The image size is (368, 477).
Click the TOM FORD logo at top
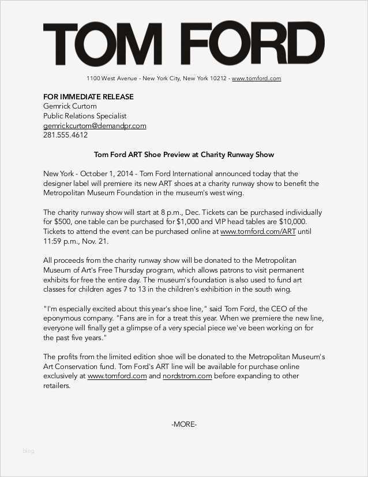pyautogui.click(x=183, y=45)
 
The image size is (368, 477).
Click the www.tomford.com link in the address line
pyautogui.click(x=256, y=79)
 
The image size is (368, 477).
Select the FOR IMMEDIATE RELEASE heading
pyautogui.click(x=88, y=96)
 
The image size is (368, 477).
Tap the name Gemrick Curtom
pyautogui.click(x=70, y=106)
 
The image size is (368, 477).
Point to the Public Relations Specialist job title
pyautogui.click(x=85, y=116)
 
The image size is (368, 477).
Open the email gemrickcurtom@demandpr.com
pyautogui.click(x=95, y=126)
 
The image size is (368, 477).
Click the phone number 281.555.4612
pyautogui.click(x=65, y=135)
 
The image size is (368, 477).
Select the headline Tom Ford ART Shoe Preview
pyautogui.click(x=183, y=155)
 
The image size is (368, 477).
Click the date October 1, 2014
pyautogui.click(x=106, y=174)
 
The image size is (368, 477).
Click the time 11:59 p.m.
pyautogui.click(x=59, y=241)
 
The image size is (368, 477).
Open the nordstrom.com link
pyautogui.click(x=187, y=376)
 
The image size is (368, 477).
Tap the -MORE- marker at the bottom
pyautogui.click(x=183, y=424)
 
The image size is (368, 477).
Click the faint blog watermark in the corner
pyautogui.click(x=28, y=451)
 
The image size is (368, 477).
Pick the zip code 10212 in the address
pyautogui.click(x=216, y=79)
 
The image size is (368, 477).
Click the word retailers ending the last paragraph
pyautogui.click(x=57, y=386)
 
